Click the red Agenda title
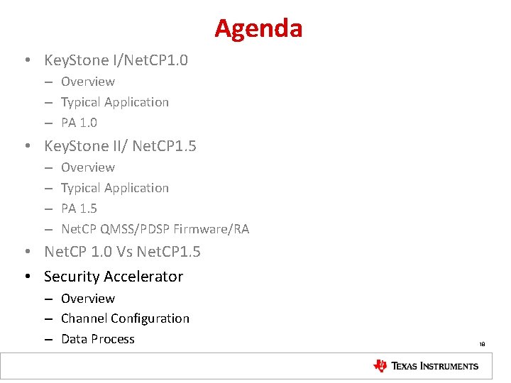click(258, 29)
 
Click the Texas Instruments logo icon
click(380, 366)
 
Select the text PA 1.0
click(79, 123)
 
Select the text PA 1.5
click(79, 209)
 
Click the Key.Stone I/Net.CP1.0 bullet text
click(116, 60)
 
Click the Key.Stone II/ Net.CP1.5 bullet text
click(120, 146)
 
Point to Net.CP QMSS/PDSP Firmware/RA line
click(155, 229)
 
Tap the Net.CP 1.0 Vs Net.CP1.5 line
click(122, 252)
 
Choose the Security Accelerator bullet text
click(114, 277)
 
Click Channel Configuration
click(125, 318)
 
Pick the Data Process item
click(97, 339)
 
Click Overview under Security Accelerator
click(87, 299)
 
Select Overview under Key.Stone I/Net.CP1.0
click(87, 82)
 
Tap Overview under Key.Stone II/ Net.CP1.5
click(87, 167)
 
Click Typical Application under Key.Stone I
click(115, 102)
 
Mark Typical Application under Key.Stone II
click(115, 188)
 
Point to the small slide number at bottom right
click(482, 345)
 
